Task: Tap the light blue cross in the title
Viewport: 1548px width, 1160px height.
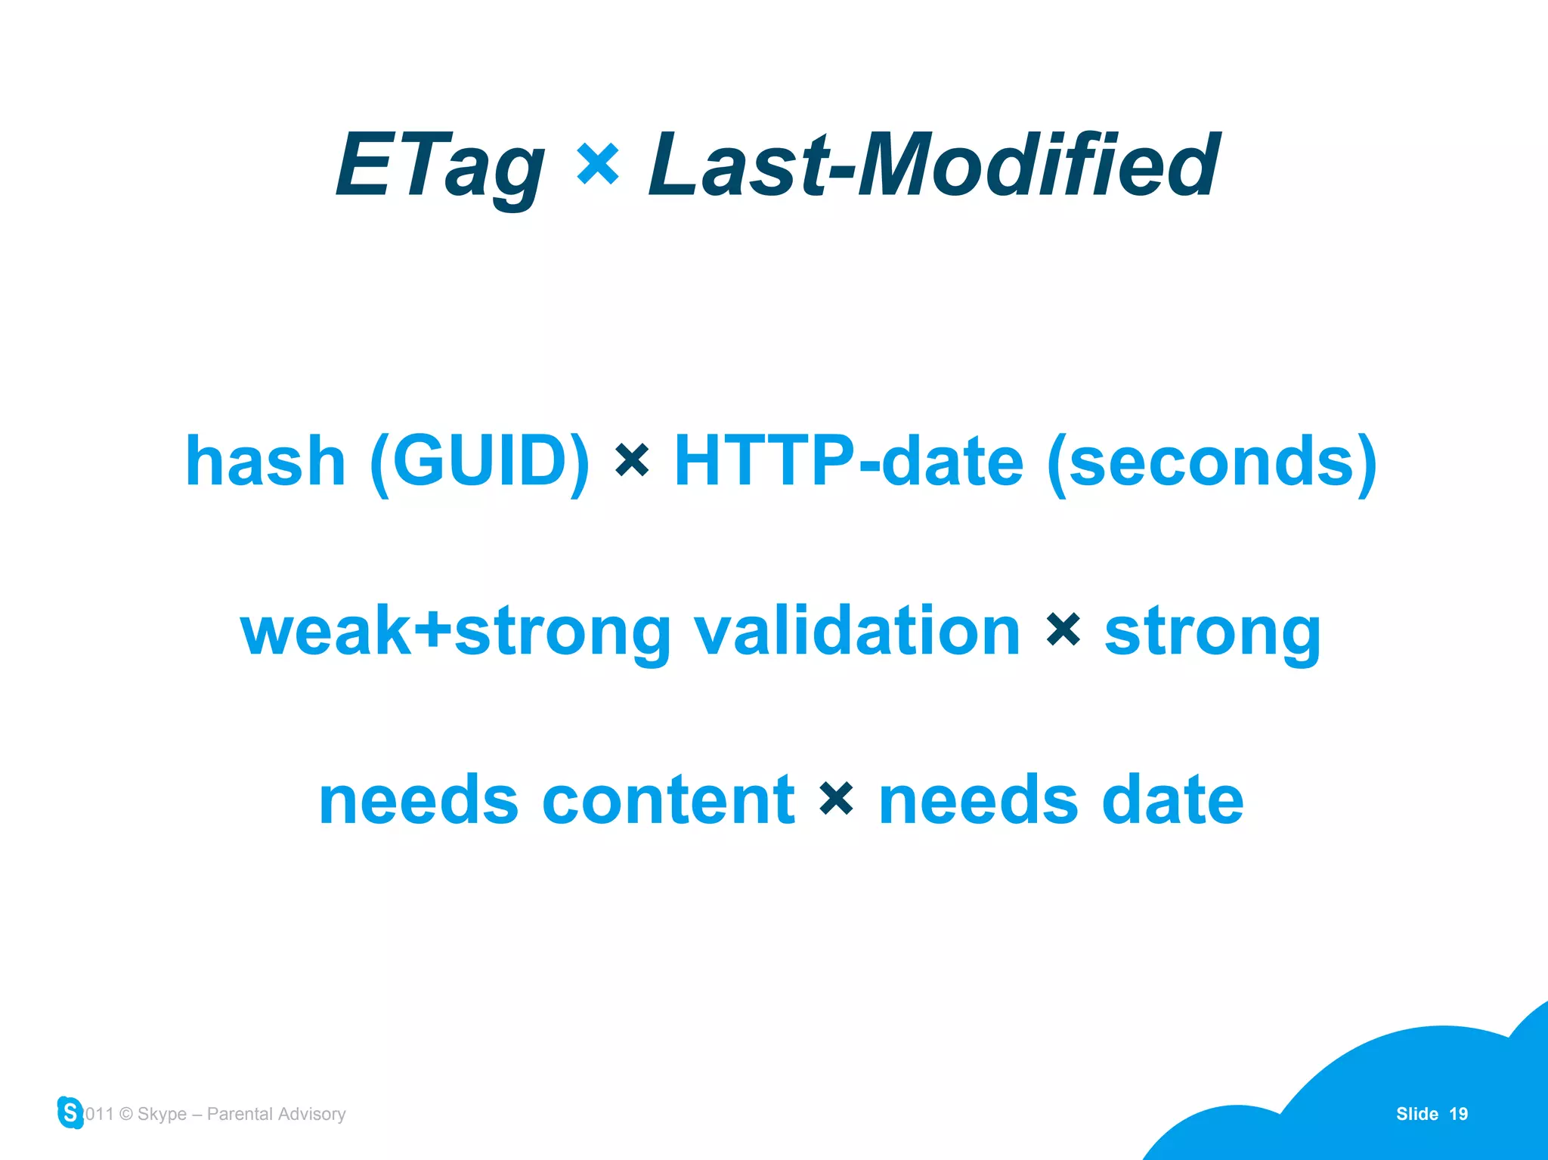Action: click(x=597, y=164)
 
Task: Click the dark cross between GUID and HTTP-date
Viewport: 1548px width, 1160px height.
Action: click(x=632, y=460)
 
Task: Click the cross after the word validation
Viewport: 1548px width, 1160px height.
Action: click(x=1063, y=629)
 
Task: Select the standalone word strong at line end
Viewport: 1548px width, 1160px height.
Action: click(x=1212, y=633)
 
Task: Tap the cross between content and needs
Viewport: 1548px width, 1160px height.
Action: click(x=836, y=799)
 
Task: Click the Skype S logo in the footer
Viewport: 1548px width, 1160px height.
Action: click(x=70, y=1112)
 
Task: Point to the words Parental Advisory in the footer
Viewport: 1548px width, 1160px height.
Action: click(x=276, y=1114)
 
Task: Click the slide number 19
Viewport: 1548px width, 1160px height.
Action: click(x=1458, y=1114)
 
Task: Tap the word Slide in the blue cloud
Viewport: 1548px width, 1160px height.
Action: click(x=1416, y=1114)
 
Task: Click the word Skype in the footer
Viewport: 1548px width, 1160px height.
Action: click(x=162, y=1114)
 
